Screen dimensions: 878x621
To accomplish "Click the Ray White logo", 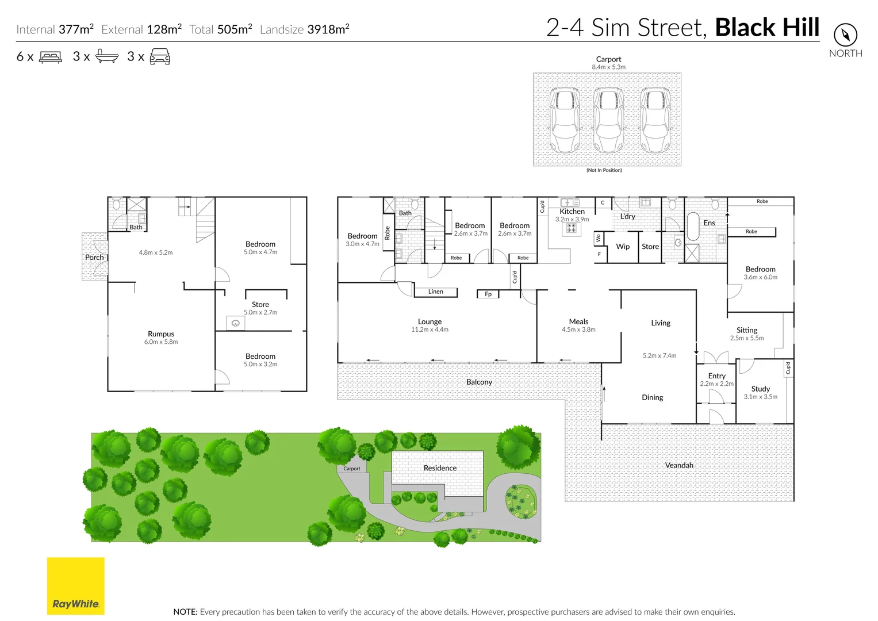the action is click(75, 585).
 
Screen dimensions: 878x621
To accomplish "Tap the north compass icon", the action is click(845, 35).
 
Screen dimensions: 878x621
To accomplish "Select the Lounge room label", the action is click(430, 322).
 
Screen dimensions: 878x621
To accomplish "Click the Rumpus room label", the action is click(161, 334).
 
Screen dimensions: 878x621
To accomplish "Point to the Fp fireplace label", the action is click(488, 294).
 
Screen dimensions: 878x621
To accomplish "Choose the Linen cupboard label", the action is click(435, 292).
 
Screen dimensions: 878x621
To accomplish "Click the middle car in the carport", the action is click(608, 120).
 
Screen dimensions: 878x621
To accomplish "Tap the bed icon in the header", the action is click(51, 57).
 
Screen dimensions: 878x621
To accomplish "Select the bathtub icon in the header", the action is click(107, 56).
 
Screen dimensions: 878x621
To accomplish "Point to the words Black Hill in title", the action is click(767, 28).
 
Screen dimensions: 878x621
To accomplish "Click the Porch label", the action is click(94, 257).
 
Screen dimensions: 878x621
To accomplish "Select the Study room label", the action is click(760, 389).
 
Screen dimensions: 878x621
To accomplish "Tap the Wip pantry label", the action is click(623, 247).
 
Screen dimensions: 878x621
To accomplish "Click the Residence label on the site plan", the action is click(440, 468).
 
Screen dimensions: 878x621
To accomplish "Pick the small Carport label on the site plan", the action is click(352, 469).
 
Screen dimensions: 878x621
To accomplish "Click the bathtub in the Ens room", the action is click(692, 227).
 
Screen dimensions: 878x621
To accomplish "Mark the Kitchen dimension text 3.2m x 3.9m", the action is click(572, 220).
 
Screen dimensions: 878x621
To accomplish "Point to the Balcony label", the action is click(479, 382).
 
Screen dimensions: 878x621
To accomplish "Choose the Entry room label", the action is click(716, 376).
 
